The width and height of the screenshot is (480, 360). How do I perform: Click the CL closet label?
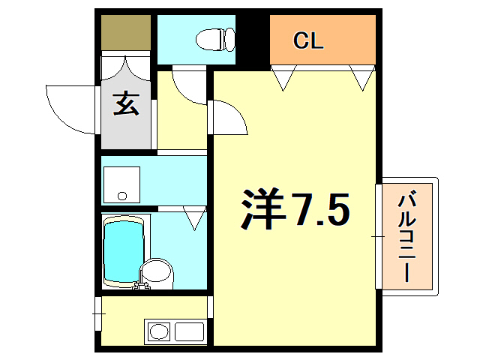(307, 40)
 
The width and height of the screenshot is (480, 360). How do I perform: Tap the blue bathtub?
(121, 250)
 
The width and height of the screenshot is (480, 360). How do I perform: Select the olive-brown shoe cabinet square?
(127, 32)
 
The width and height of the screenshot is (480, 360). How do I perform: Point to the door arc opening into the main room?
(229, 116)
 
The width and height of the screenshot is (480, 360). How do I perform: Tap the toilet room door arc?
(187, 84)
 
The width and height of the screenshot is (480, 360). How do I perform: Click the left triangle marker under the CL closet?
(283, 77)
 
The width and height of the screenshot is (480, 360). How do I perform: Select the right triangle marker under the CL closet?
(362, 77)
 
